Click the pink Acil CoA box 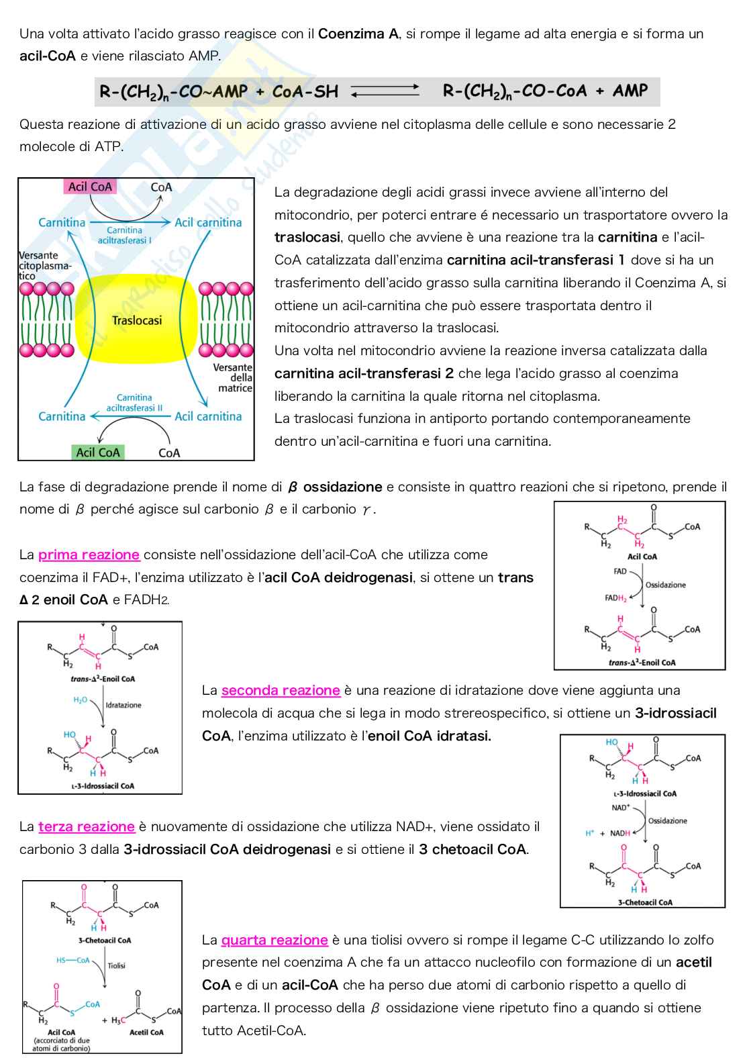(x=90, y=187)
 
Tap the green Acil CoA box (x=98, y=452)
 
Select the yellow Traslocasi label (x=137, y=320)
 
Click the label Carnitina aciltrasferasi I (x=124, y=235)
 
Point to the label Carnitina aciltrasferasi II (x=134, y=403)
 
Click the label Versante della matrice (x=233, y=377)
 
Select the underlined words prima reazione (x=89, y=555)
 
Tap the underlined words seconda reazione (x=281, y=690)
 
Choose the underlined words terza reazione (x=87, y=826)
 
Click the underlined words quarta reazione (x=274, y=940)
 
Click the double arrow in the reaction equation (x=385, y=91)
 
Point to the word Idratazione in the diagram (x=123, y=705)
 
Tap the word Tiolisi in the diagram (x=117, y=965)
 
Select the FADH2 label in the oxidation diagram (x=615, y=597)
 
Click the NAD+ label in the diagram (x=621, y=808)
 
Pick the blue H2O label (x=81, y=700)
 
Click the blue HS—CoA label (x=73, y=961)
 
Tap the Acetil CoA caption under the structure (x=146, y=1032)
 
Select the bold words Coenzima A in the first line (x=358, y=34)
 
